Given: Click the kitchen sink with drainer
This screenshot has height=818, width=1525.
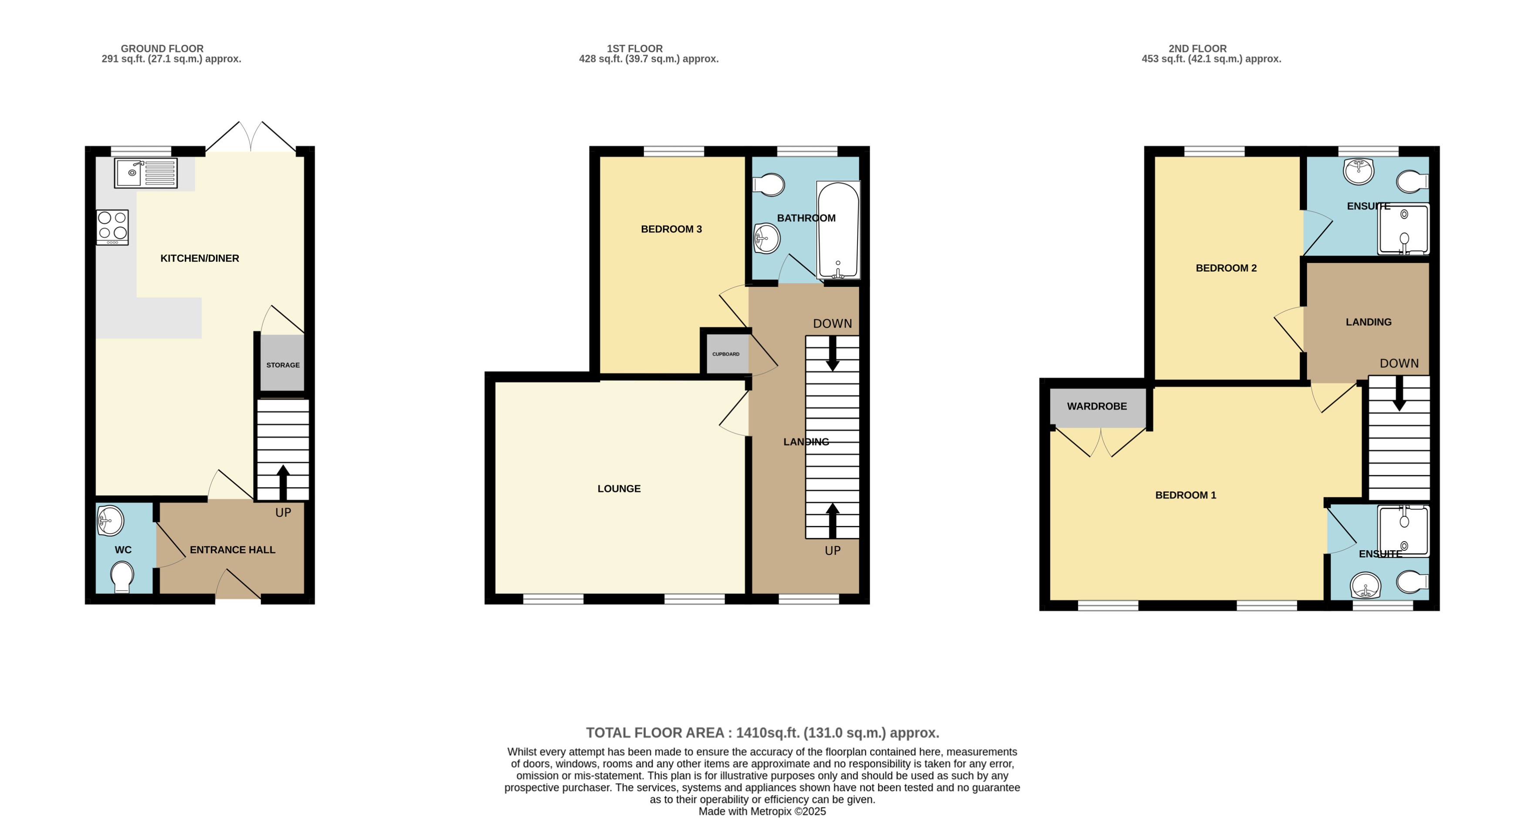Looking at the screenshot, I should tap(146, 173).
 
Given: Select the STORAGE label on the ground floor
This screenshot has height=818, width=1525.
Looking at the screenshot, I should tap(283, 365).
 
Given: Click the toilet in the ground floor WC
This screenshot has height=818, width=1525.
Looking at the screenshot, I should tap(122, 576).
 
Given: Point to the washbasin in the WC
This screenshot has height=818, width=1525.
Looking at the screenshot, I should tap(111, 521).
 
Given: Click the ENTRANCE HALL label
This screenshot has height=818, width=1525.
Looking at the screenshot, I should tap(232, 550).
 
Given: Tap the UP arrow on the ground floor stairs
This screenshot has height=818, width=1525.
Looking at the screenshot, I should tap(283, 481).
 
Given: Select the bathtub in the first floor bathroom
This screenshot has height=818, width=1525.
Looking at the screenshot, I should tap(838, 230).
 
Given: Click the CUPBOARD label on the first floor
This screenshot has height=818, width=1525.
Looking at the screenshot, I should tap(726, 354).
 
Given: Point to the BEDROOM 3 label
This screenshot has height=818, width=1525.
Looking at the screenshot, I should tap(671, 229).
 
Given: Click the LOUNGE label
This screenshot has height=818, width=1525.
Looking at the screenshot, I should tap(619, 489).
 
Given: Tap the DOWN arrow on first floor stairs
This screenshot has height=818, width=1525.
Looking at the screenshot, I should tap(832, 354).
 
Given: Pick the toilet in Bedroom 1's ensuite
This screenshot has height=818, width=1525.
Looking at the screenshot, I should tap(1413, 582).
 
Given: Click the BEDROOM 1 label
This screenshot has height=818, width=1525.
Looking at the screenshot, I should tap(1185, 495).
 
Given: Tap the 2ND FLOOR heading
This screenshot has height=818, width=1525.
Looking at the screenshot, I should tap(1197, 48).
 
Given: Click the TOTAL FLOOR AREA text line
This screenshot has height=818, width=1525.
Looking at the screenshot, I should tap(762, 733).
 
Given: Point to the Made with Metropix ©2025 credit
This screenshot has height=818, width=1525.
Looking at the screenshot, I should tap(762, 811).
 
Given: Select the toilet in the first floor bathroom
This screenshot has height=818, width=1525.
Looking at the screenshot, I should tap(769, 185).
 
